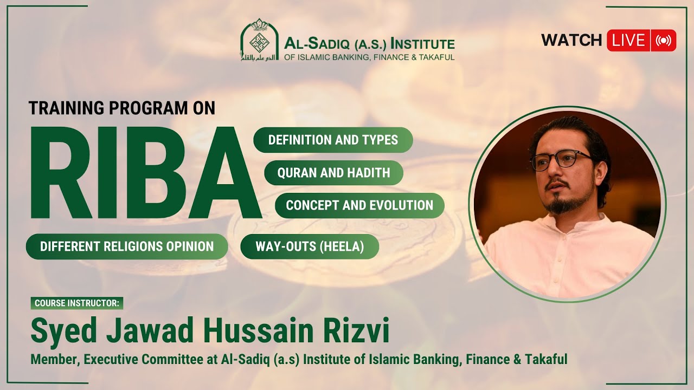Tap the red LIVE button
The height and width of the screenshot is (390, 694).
pos(629,41)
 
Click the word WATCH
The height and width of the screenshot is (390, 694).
pos(571,41)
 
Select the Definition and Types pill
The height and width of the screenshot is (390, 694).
pos(333,140)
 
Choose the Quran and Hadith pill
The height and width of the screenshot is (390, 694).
pos(333,173)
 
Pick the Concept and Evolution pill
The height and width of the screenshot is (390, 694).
pos(359,205)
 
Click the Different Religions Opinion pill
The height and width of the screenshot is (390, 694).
pos(127,246)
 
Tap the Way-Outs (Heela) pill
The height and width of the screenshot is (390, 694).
pos(310,246)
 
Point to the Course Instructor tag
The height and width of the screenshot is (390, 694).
pos(76,303)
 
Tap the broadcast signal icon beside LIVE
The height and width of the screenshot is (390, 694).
pos(663,41)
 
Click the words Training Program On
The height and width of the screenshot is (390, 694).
pos(122,108)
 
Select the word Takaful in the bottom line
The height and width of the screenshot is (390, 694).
pos(546,359)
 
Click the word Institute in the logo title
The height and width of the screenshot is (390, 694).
pos(423,43)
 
